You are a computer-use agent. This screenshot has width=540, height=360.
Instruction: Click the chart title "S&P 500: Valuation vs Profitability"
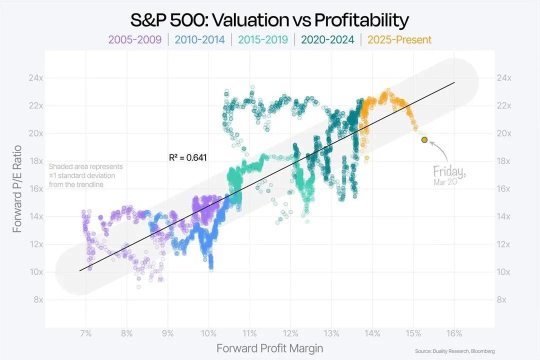(x=270, y=20)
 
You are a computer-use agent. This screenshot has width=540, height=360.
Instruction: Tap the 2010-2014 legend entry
(x=199, y=39)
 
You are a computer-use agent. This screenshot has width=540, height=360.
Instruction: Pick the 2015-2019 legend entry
(x=263, y=39)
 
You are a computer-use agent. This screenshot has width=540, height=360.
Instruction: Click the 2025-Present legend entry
(x=399, y=39)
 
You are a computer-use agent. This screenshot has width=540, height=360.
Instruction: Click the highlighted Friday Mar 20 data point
(x=424, y=140)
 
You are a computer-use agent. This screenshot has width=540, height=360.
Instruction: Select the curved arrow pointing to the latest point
(x=440, y=150)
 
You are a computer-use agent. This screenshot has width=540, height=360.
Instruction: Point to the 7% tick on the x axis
(x=85, y=319)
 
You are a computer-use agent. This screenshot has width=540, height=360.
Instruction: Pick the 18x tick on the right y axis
(x=502, y=161)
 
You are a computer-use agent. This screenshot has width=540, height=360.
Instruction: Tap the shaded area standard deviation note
(x=85, y=175)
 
